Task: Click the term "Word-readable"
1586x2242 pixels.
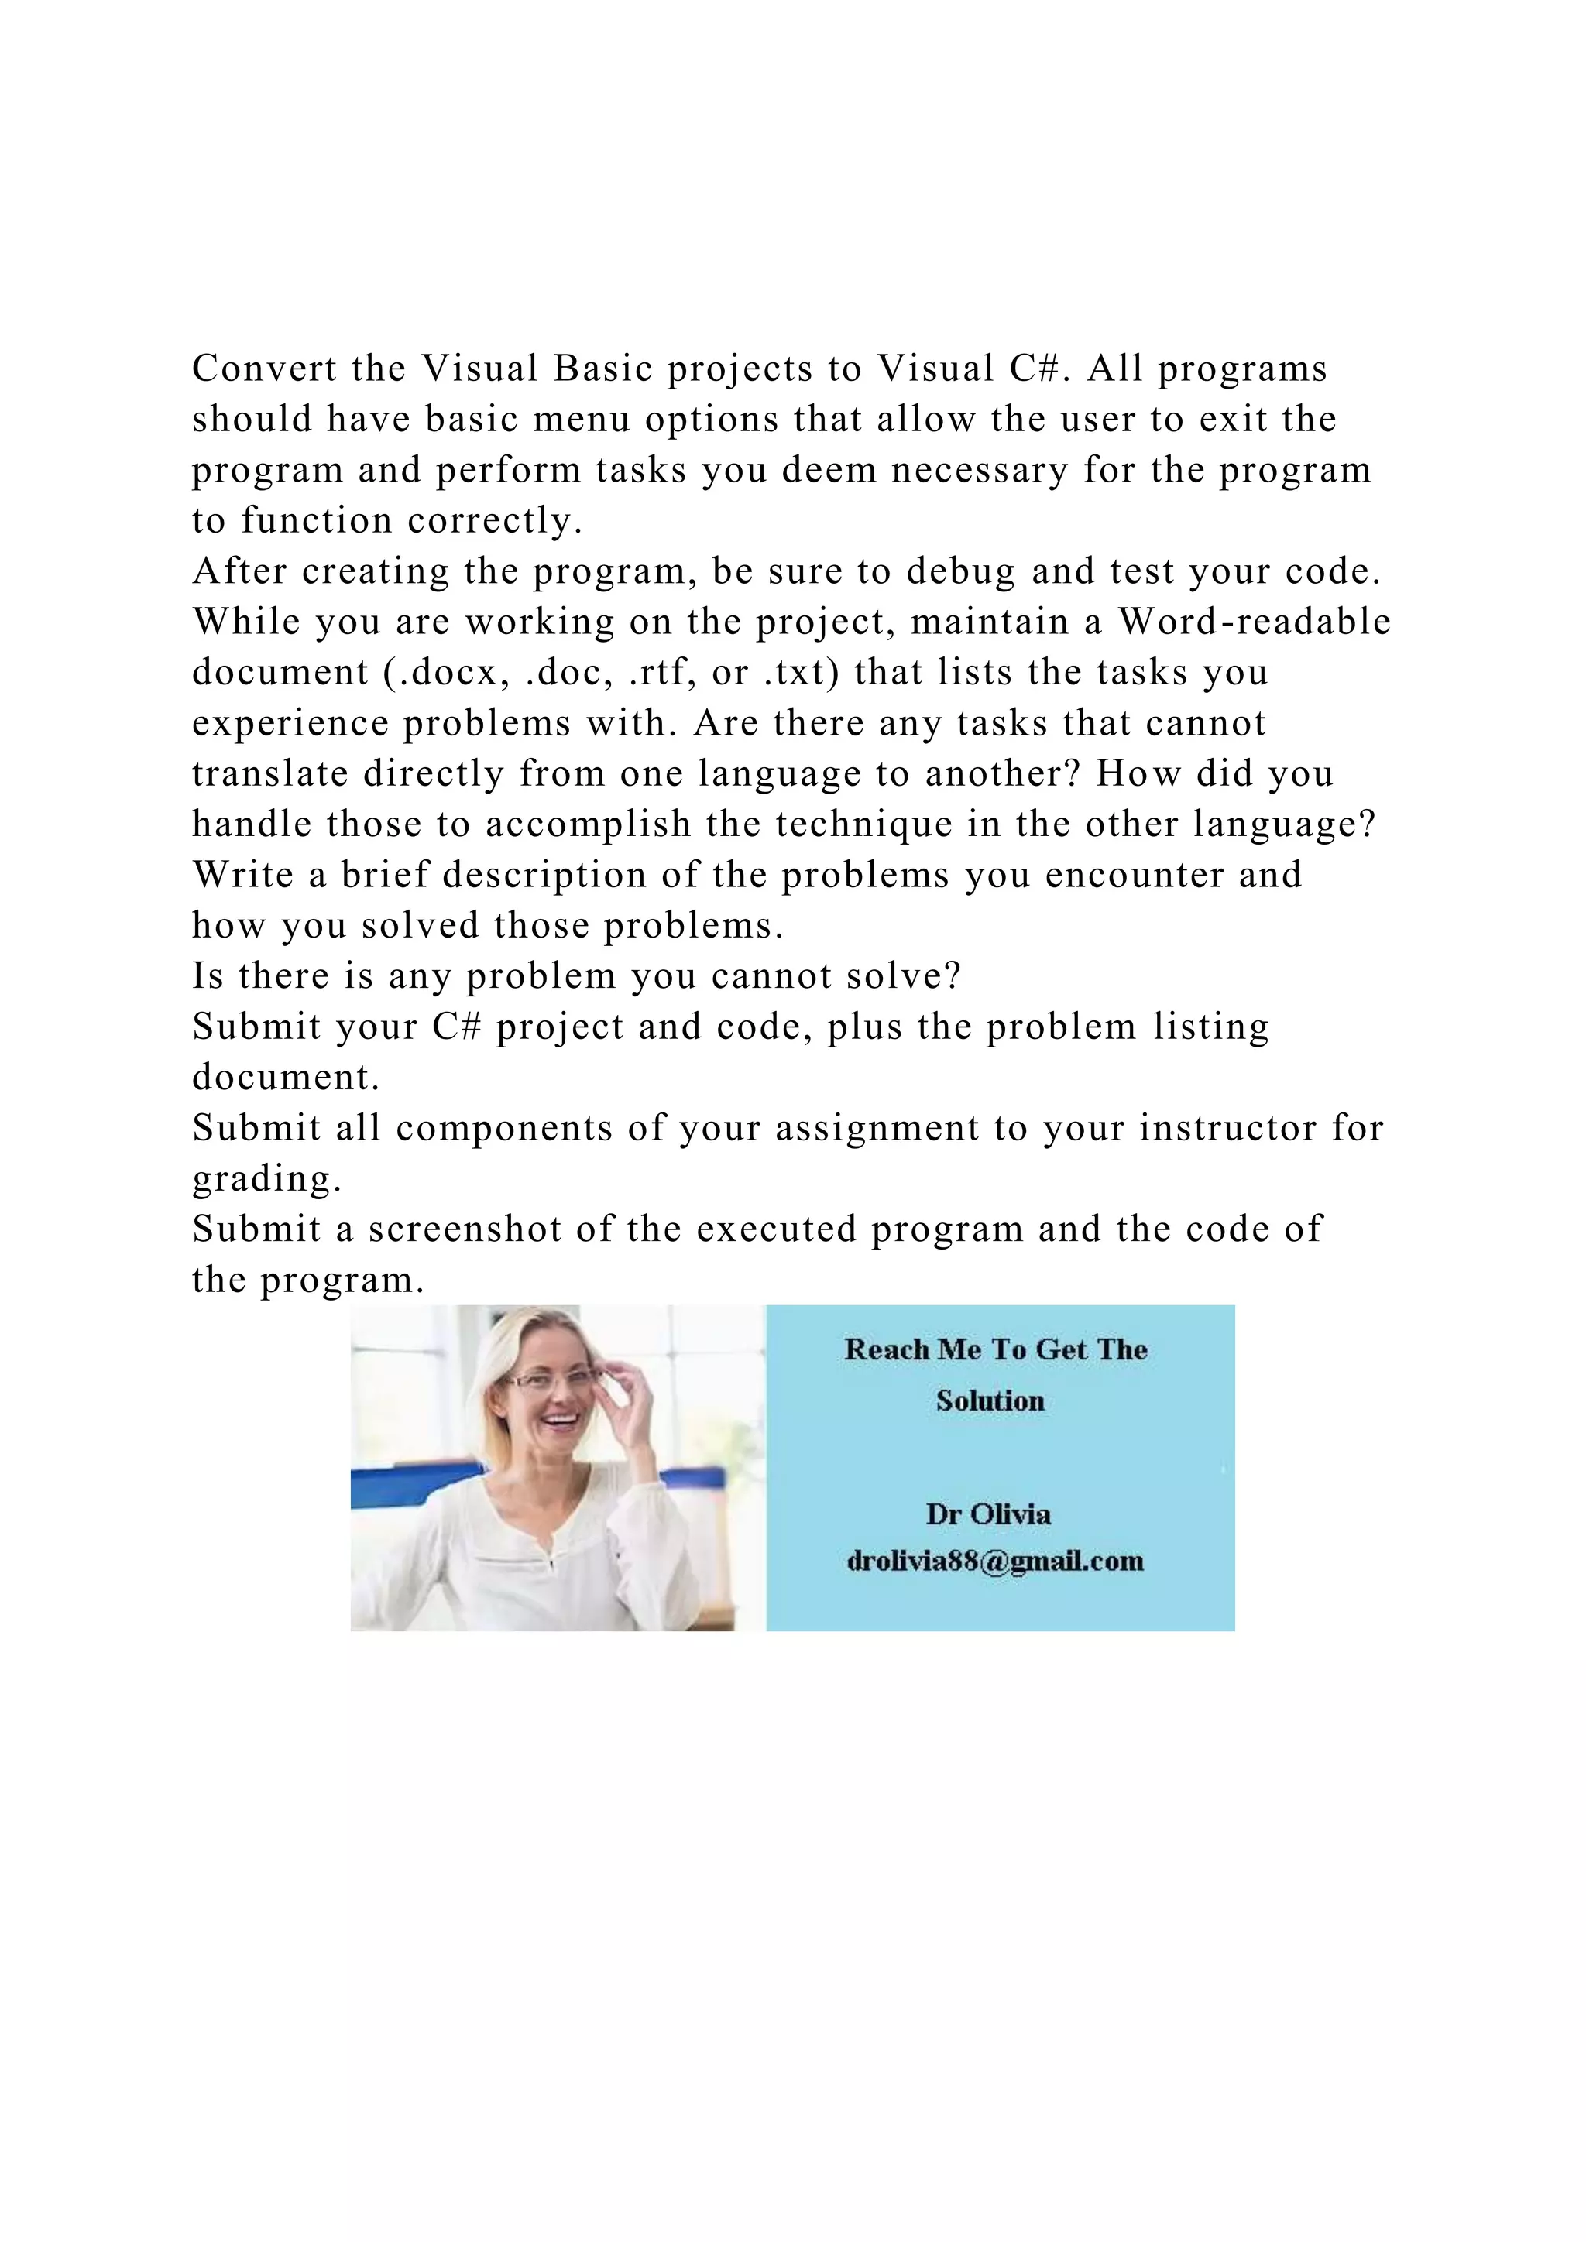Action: tap(1254, 622)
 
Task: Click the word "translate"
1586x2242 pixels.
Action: tap(270, 774)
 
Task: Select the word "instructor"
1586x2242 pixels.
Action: tap(1227, 1129)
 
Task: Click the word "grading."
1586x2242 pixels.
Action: tap(266, 1180)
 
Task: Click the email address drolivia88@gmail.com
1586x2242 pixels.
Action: tap(995, 1561)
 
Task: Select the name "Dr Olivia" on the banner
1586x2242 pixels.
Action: tap(988, 1514)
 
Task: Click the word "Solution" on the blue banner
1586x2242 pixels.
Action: tap(990, 1401)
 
